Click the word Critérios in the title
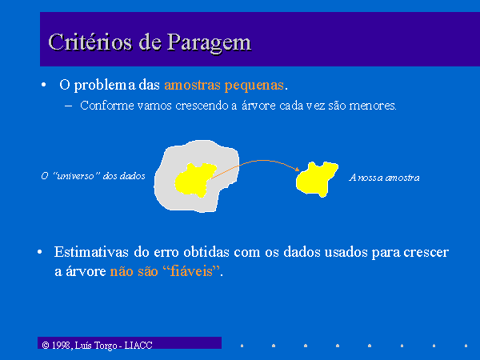[x=90, y=42]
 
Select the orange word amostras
[x=192, y=85]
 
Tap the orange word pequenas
[x=254, y=86]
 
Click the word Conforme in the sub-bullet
[x=107, y=106]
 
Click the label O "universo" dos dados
[x=93, y=176]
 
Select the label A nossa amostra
[x=384, y=178]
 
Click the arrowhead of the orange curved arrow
[x=297, y=169]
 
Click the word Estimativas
[x=91, y=252]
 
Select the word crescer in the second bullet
[x=426, y=253]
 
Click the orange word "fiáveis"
[x=191, y=271]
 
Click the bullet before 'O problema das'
[x=44, y=85]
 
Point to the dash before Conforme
[x=69, y=106]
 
